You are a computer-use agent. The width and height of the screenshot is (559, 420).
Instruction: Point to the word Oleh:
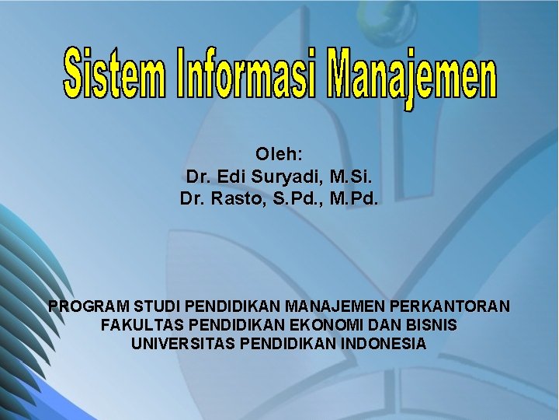pos(279,154)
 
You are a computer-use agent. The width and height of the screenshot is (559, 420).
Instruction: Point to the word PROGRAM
pos(88,306)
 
